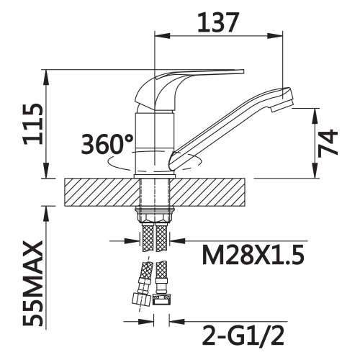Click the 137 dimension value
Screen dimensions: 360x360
(218, 22)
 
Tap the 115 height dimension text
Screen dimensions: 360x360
(33, 124)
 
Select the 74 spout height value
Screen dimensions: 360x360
(328, 143)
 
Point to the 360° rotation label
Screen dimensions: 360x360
(107, 144)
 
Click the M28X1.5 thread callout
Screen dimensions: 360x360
(253, 255)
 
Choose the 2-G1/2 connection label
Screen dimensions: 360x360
(243, 336)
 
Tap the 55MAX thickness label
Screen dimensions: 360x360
(33, 284)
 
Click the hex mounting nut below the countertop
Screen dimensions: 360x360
(155, 215)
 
